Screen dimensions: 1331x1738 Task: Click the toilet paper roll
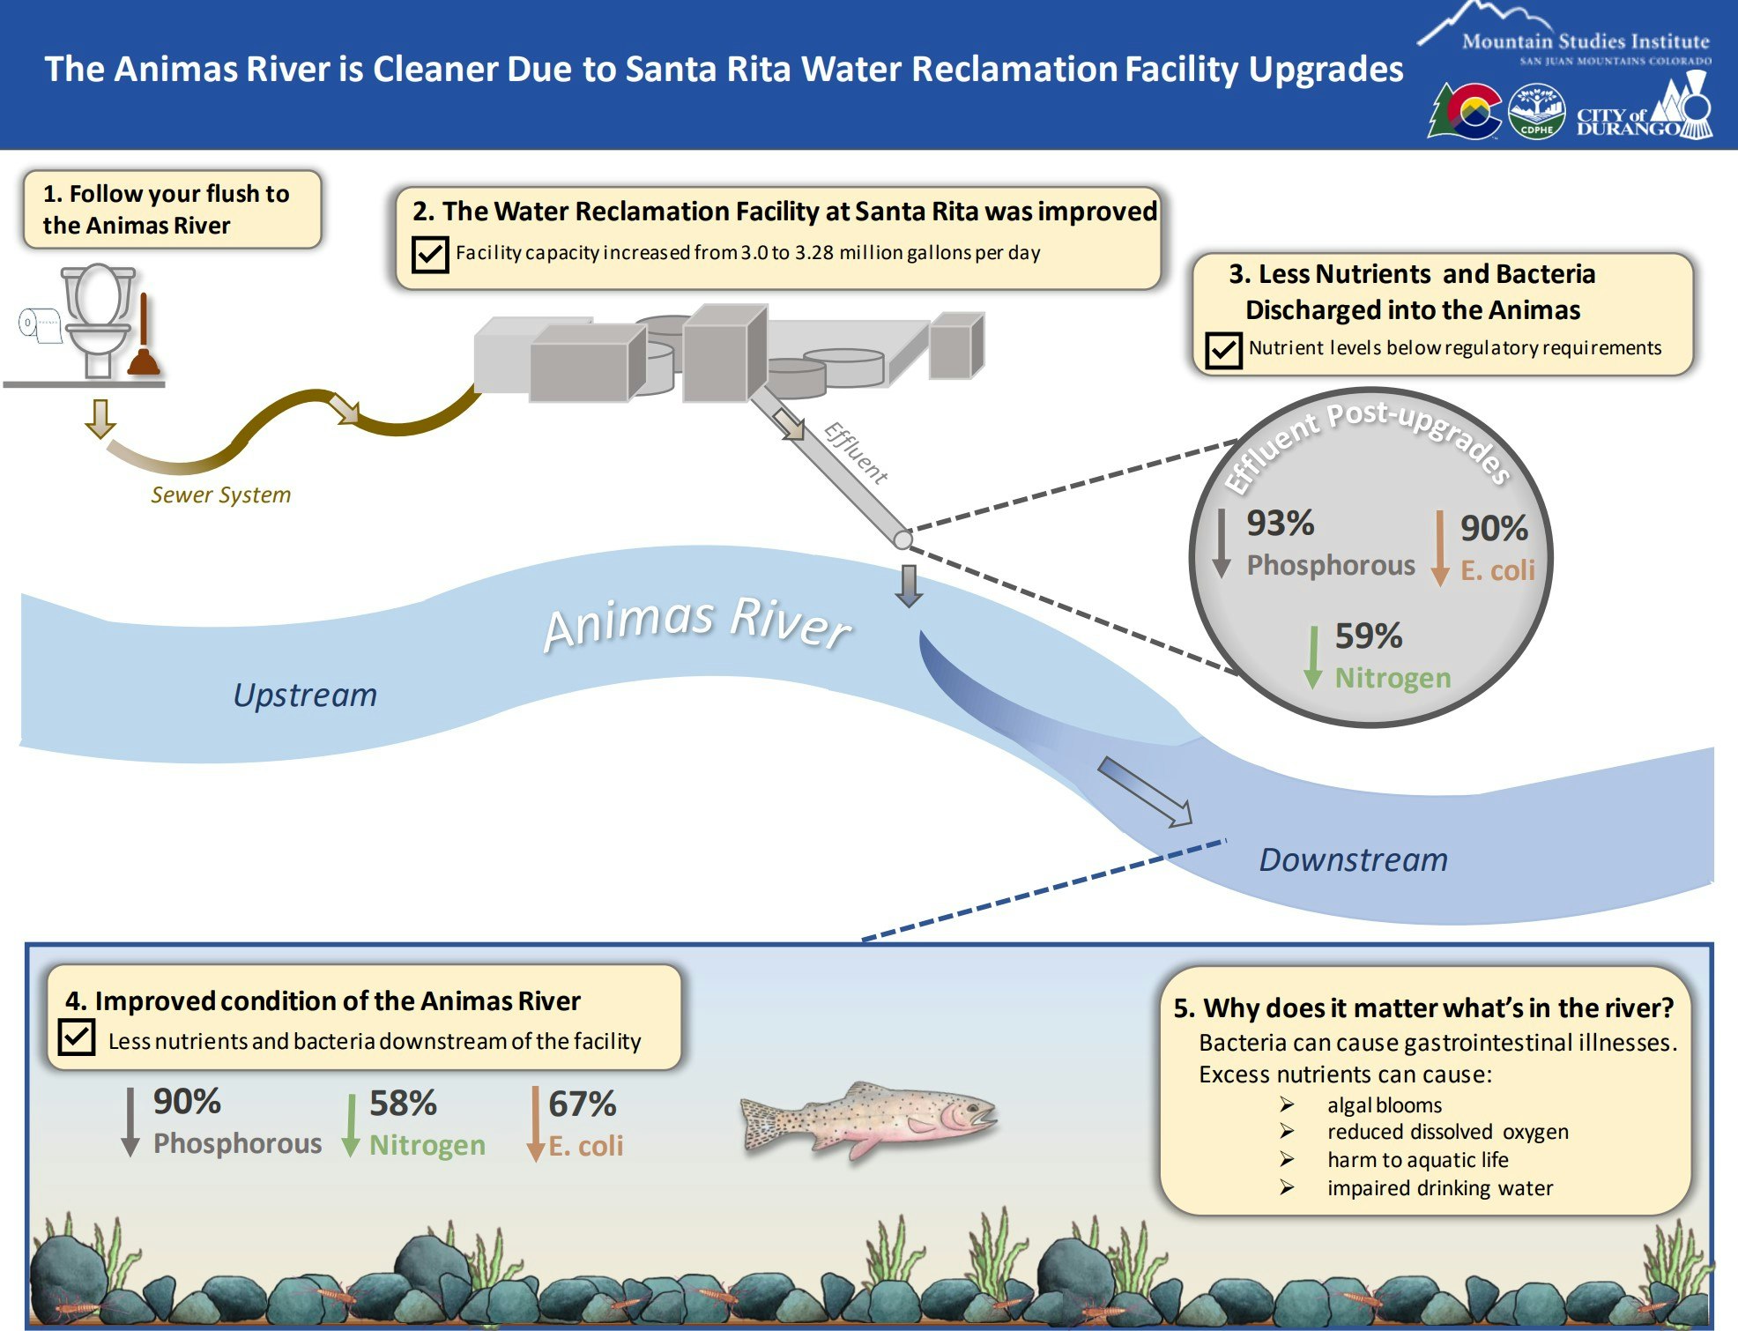point(39,324)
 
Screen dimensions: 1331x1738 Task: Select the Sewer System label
point(220,494)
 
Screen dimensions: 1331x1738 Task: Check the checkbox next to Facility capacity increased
point(430,254)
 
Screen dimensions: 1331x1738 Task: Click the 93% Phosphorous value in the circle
point(1280,524)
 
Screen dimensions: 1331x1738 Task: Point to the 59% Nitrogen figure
point(1368,636)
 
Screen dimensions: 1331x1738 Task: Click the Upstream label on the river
point(305,695)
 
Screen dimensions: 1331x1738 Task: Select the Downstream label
point(1353,859)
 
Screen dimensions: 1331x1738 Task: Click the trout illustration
point(868,1119)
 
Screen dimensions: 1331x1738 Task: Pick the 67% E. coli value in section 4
point(582,1104)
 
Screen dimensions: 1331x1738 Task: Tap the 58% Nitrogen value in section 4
point(403,1104)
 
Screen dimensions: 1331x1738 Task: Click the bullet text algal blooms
point(1384,1105)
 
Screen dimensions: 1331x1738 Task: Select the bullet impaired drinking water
point(1439,1188)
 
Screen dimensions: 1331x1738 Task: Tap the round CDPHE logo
point(1536,111)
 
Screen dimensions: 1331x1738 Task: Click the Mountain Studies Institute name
point(1585,41)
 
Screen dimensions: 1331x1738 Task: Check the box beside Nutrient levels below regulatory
point(1222,350)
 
